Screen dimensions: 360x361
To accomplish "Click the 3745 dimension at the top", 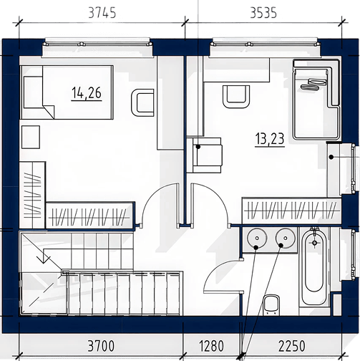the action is coord(102,13).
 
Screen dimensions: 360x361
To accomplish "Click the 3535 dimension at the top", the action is coord(263,13).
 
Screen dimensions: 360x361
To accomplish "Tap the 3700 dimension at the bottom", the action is coord(101,346).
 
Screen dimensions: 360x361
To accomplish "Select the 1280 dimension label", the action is coord(211,346).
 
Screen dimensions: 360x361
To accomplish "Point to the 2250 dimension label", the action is coord(291,346).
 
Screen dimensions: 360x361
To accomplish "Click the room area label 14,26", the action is coord(87,93).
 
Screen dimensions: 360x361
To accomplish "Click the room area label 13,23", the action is coord(270,139).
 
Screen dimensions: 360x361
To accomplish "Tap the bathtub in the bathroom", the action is coord(315,267).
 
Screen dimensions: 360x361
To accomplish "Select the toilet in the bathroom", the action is coord(271,304).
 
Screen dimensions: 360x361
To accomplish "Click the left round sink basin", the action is coord(256,238).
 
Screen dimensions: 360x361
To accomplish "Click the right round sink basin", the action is coord(286,238).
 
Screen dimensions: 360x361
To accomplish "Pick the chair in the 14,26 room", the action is coord(142,102).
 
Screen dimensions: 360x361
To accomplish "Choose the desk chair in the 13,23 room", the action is coord(236,97).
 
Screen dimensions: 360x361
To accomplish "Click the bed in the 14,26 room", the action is coord(67,92).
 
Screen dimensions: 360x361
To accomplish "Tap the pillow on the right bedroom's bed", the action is coord(315,85).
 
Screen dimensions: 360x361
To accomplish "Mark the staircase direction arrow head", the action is coord(44,260).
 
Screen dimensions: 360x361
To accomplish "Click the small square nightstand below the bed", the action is coord(31,137).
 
